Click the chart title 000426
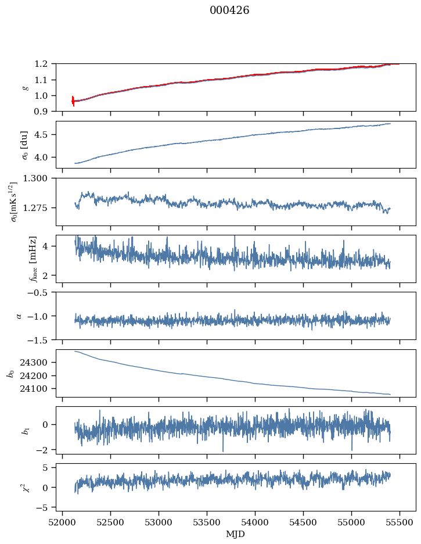229,10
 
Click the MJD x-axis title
235,534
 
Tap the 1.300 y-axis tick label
39,179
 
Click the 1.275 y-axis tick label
39,207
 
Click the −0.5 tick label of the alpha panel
41,292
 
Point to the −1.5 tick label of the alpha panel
41,339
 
